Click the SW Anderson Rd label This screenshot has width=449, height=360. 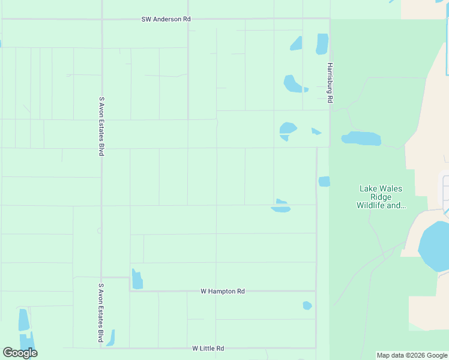coord(166,19)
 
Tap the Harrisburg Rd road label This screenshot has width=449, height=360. coord(330,83)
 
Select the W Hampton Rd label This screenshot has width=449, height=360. coord(223,291)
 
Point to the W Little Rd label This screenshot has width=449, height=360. coord(208,348)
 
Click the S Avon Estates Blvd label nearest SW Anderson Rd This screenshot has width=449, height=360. coord(101,126)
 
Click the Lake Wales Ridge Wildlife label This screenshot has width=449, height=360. coord(381,197)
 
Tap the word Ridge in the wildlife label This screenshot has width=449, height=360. coord(381,197)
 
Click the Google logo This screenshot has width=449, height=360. coord(20,353)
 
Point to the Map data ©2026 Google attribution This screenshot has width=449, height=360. coord(412,355)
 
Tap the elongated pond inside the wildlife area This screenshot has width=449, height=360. coord(361,139)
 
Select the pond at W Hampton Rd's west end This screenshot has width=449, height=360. coord(137,280)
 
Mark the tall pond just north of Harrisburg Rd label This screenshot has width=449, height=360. coord(322,43)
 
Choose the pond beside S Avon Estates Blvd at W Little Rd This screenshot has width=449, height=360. coord(110,338)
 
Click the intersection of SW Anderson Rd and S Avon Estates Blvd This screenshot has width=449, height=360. coord(102,19)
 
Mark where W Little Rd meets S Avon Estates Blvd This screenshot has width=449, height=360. coord(101,348)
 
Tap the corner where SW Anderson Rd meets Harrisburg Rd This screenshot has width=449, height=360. coord(330,19)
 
